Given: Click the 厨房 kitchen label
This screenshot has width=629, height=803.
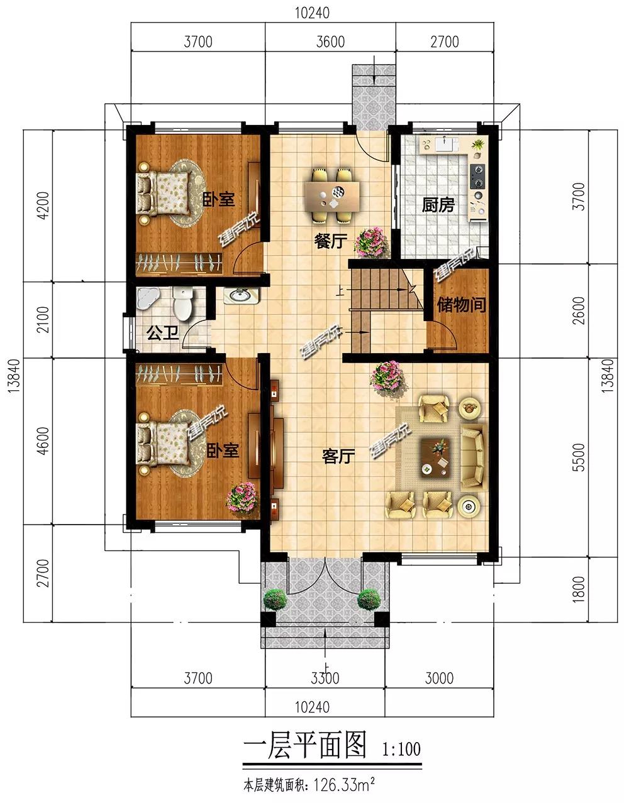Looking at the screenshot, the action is click(x=438, y=205).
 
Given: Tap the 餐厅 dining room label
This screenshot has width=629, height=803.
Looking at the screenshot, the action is click(x=331, y=241).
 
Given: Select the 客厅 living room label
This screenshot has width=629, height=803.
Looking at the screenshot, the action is click(x=338, y=456).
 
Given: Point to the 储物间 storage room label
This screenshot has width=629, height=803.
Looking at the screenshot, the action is click(x=462, y=305).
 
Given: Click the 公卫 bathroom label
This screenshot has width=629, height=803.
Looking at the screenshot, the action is click(x=163, y=333).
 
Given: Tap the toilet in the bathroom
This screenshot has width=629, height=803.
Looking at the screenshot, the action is click(x=182, y=303).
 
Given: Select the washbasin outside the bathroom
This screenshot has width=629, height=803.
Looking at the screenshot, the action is click(x=242, y=295).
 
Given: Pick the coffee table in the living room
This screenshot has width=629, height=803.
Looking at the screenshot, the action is click(x=437, y=457).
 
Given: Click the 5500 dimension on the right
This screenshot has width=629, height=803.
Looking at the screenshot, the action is click(x=580, y=457).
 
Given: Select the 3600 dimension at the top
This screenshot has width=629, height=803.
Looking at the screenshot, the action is click(x=331, y=41).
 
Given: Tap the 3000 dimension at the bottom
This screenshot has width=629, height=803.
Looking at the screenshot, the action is click(x=439, y=678).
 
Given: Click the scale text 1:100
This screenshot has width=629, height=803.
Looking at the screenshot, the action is click(x=401, y=746).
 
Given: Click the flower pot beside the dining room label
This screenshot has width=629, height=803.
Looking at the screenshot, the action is click(x=372, y=242).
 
